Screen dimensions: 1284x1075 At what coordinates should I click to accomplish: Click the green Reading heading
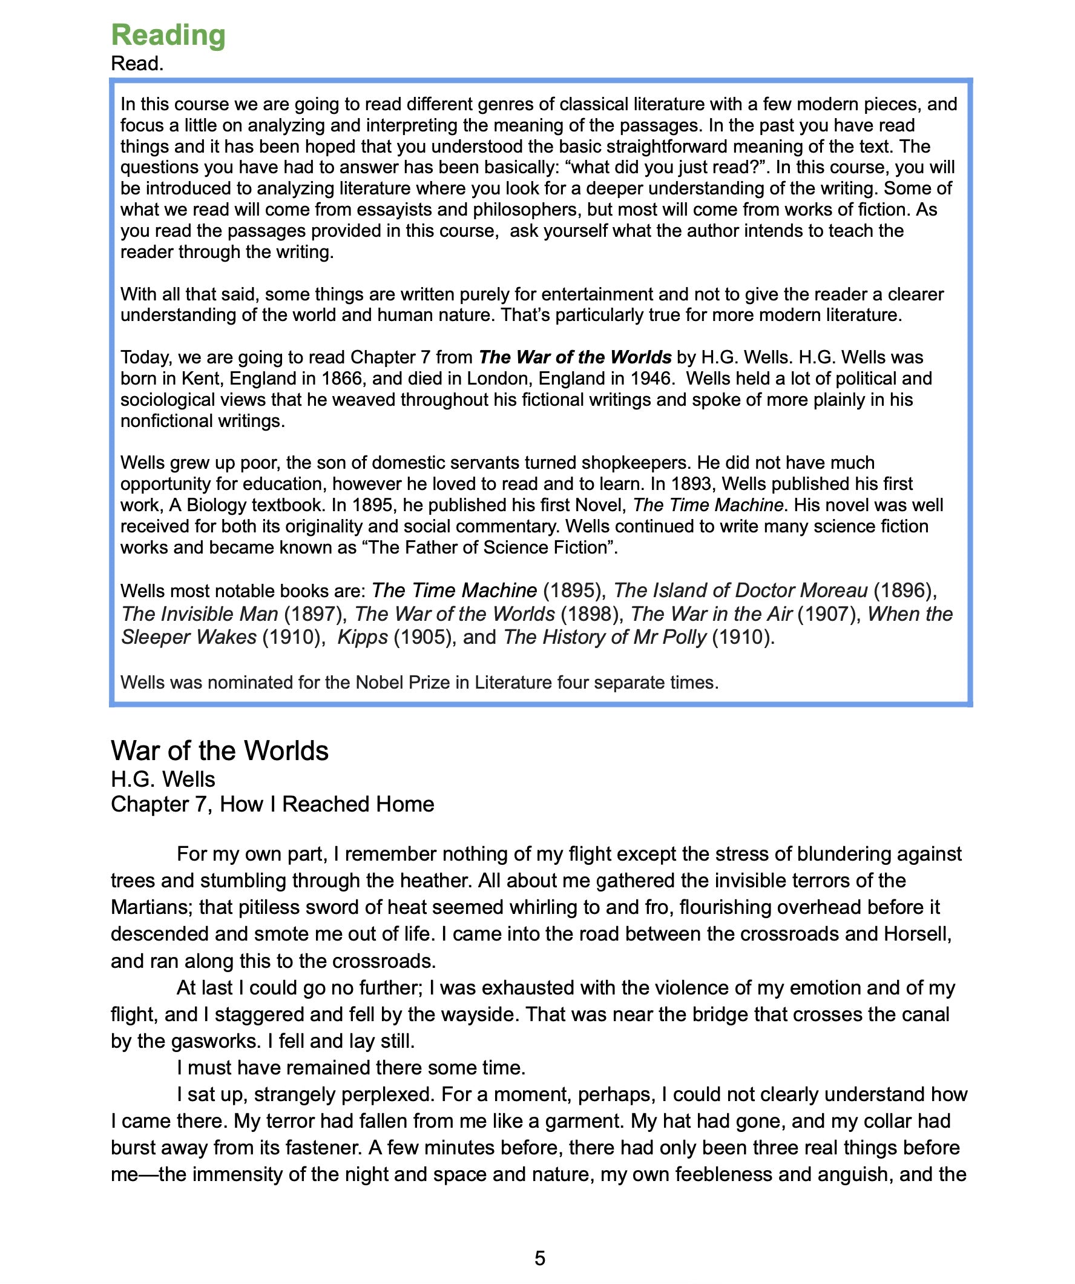[168, 36]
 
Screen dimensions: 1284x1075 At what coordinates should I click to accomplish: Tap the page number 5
[540, 1259]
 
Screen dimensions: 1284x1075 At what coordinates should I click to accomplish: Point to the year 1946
[650, 379]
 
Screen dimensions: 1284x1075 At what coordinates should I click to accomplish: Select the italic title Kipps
[363, 637]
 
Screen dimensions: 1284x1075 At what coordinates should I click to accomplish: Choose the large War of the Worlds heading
[219, 751]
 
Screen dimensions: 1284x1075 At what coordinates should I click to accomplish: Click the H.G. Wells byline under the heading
[163, 779]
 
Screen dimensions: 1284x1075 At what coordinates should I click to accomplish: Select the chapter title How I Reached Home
[327, 805]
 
